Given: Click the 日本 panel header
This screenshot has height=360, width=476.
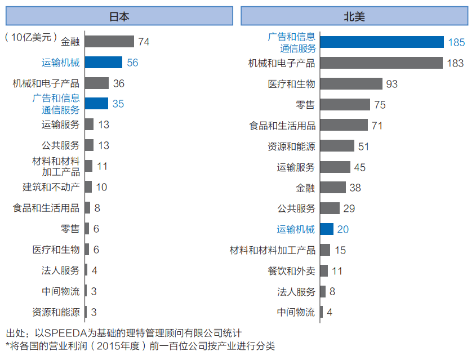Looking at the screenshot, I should coord(119,16).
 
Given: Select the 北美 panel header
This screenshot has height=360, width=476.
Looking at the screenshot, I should coord(355,16).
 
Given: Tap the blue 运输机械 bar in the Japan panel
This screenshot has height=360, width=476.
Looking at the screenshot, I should coord(104,63).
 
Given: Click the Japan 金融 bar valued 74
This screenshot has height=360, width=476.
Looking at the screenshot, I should coord(110,42).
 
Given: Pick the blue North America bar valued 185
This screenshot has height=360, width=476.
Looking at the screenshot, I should coord(382,42).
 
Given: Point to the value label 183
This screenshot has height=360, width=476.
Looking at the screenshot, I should coord(455,63).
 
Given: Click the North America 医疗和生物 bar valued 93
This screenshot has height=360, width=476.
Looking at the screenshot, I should coord(352,84).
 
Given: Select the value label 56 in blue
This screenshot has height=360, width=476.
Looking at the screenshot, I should coord(132,63).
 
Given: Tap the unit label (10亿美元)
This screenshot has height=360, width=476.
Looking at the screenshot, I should coord(32,37).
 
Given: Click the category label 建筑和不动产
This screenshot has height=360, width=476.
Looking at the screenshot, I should coord(51,187).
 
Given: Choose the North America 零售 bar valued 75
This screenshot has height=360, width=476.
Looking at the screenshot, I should coord(345,105).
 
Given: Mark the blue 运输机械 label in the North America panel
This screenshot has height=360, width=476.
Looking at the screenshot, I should coord(296,229).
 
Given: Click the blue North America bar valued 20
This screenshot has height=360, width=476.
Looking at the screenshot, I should coord(327,229).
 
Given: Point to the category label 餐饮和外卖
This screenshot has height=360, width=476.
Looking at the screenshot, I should coord(291,271).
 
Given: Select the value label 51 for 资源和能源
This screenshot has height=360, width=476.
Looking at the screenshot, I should coord(363,146).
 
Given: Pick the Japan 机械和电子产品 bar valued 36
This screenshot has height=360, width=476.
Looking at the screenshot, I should coord(97,83).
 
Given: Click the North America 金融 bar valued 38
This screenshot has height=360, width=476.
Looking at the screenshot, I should coord(333,188).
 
